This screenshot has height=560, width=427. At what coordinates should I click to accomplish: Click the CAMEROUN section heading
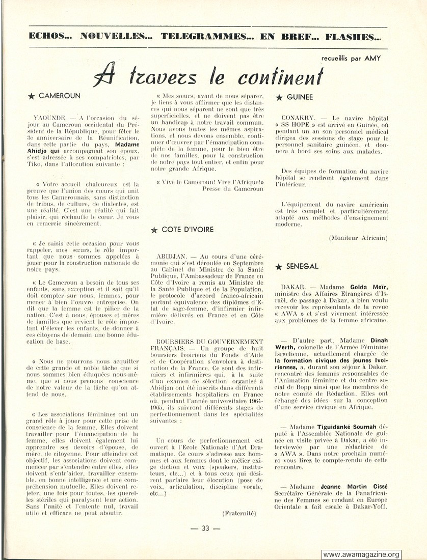coord(59,95)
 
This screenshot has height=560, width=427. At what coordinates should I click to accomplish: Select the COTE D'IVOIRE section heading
coord(188,230)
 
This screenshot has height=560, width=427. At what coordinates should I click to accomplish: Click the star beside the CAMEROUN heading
coord(32,96)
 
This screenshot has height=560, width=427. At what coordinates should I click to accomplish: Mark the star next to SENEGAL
coord(278,267)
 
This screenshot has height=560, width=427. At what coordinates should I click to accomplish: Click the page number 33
coord(205,528)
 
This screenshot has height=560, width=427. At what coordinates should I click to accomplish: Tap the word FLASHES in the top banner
coord(354,37)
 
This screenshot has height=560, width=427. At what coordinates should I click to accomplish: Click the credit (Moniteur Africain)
coord(358,238)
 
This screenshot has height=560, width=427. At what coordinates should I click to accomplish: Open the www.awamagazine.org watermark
coord(361,554)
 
